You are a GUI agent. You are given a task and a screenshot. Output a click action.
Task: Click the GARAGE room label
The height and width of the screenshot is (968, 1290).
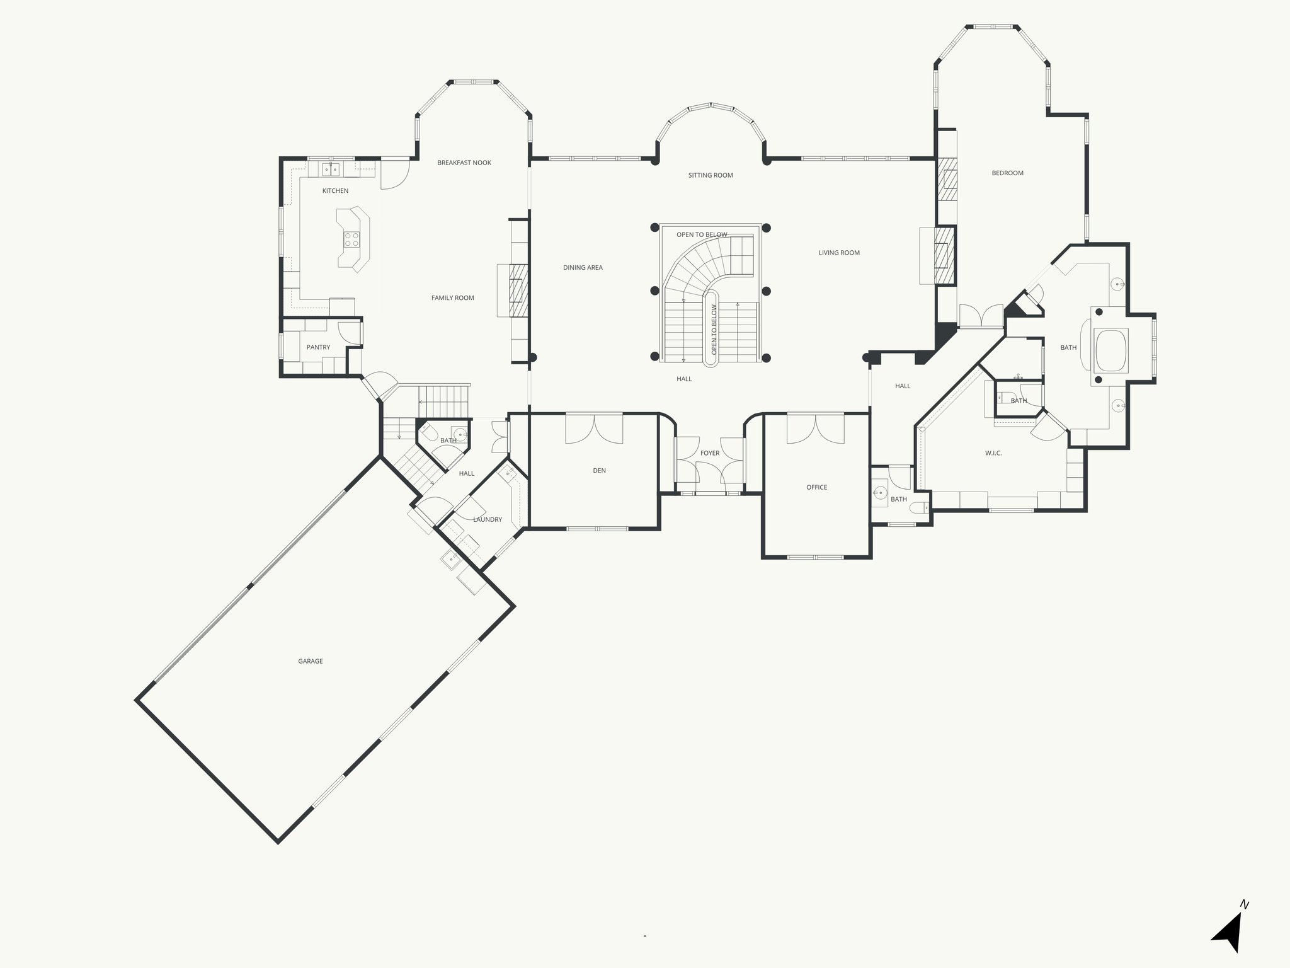point(311,661)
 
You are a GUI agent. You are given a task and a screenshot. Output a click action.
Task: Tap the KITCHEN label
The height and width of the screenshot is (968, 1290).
point(335,191)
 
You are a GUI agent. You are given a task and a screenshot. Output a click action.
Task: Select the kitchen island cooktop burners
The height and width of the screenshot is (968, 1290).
point(351,239)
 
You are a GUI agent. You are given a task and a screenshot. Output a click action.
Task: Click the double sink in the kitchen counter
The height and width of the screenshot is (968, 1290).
point(331,169)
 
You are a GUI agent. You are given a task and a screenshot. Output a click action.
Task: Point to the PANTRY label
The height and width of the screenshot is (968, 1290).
point(318,347)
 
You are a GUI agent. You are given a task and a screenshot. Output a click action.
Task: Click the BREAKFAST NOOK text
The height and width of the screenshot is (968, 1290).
point(464,163)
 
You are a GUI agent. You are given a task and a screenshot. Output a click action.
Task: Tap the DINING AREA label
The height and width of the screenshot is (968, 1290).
point(583,268)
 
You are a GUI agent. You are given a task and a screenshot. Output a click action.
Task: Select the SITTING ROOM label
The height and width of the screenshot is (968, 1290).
point(711,175)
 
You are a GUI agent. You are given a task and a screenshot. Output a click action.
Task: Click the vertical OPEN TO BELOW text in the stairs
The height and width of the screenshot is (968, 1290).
point(714,329)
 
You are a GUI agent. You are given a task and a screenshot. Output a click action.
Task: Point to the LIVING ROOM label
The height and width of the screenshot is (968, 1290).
point(839,253)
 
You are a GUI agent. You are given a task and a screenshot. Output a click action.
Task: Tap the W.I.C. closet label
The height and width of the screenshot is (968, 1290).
point(993,453)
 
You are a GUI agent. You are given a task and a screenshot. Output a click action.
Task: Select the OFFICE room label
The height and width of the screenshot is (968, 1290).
point(817,487)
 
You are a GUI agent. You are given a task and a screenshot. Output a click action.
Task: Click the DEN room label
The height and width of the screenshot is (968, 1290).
point(599,471)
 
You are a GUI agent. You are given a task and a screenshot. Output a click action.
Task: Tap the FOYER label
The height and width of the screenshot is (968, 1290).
point(710,453)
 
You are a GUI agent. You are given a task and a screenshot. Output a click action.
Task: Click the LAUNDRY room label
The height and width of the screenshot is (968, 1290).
point(488,520)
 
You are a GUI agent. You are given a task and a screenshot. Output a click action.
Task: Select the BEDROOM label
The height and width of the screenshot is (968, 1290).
point(1007,173)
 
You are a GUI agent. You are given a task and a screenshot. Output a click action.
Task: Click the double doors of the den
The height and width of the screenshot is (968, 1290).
point(594,429)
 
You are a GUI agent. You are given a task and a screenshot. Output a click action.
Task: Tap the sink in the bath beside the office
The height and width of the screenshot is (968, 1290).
point(881,492)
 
